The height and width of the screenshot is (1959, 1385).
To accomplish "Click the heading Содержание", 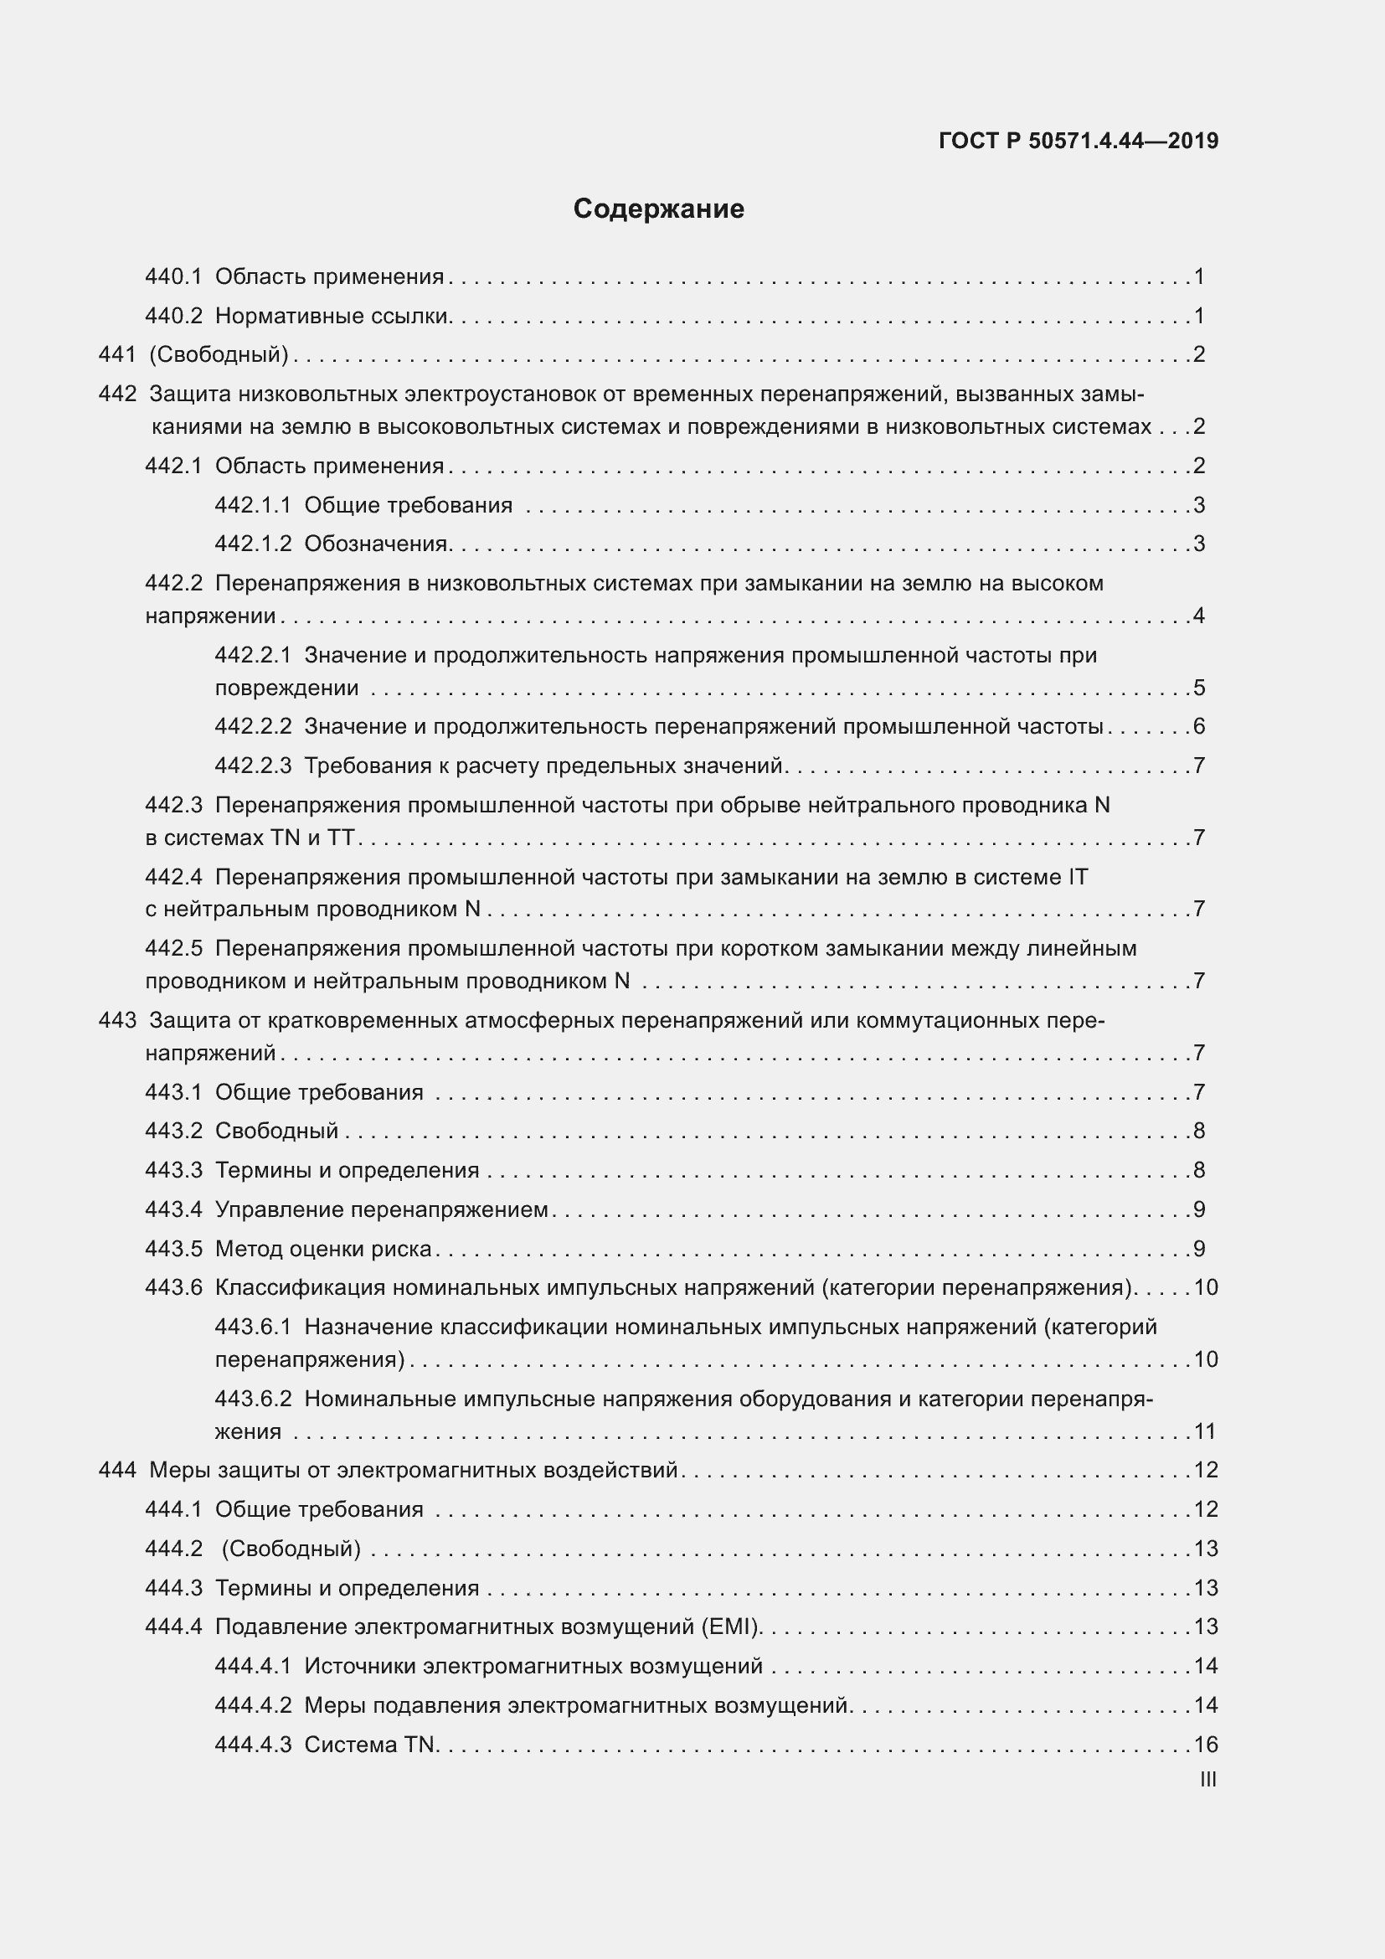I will point(658,209).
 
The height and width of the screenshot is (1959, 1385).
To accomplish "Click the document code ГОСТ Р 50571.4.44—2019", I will point(1078,141).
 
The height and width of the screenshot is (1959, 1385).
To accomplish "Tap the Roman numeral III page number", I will point(1207,1780).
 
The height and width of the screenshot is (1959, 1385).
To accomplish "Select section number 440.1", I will point(173,276).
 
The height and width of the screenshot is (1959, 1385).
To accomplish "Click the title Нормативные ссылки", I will point(332,316).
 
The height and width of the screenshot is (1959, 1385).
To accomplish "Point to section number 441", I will point(117,354).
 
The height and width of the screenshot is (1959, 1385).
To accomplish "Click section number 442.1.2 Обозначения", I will point(252,544).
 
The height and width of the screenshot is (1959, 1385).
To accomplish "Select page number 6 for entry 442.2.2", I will point(1199,726).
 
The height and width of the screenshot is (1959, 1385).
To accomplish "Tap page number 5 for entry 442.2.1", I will point(1199,688).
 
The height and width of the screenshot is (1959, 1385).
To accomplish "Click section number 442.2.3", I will point(252,766).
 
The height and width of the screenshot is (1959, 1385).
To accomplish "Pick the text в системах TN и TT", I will point(249,838).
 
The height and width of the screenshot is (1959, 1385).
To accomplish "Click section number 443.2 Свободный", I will point(173,1131).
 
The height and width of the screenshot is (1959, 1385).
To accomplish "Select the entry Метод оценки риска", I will point(323,1249).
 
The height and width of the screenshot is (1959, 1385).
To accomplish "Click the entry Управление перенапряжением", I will point(381,1210).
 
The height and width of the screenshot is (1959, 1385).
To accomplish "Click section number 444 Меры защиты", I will point(117,1470).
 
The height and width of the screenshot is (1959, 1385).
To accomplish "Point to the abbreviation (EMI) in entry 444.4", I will point(730,1627).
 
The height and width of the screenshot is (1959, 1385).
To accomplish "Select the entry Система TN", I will point(369,1745).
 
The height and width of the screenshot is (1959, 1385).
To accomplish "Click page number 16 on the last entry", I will point(1205,1745).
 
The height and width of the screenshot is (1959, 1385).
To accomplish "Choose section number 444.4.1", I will point(252,1667).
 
